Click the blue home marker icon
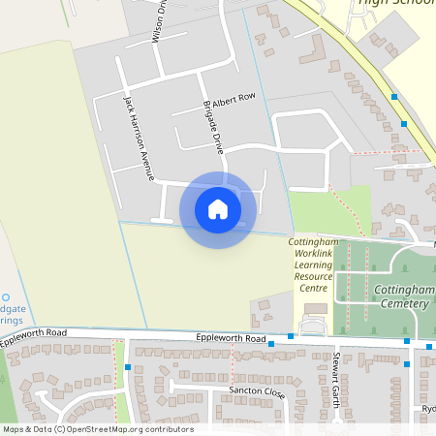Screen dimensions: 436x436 (218, 209)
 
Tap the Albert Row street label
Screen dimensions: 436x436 (233, 99)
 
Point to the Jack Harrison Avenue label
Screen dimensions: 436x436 (139, 137)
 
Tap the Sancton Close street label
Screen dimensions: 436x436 (257, 392)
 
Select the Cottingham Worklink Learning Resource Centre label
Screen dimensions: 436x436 (313, 265)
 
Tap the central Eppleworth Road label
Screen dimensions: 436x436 (231, 339)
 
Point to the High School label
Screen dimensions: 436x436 (394, 3)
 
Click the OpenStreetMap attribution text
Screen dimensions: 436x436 (98, 429)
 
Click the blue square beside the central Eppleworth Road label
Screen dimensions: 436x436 (272, 344)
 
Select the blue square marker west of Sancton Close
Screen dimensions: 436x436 (128, 367)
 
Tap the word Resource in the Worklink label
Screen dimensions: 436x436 (313, 276)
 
